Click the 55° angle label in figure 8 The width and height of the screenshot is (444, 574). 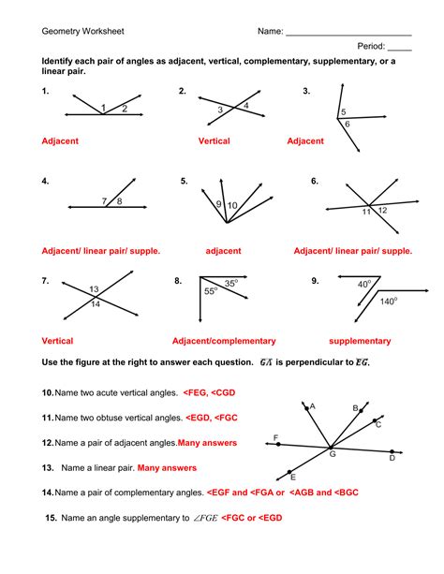tap(210, 292)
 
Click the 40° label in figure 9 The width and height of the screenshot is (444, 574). tap(364, 283)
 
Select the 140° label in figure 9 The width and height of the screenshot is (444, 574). tap(388, 302)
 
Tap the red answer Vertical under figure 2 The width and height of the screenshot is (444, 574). tap(214, 141)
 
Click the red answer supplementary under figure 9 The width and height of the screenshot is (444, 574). tap(360, 341)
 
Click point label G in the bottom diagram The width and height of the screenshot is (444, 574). tap(333, 453)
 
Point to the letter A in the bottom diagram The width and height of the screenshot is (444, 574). tap(312, 406)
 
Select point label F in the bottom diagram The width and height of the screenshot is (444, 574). tap(275, 437)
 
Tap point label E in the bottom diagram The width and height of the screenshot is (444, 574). tap(293, 476)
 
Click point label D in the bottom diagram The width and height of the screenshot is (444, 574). tap(392, 458)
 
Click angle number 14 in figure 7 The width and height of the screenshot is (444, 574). tap(94, 304)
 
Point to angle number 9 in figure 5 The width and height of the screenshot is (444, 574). tap(219, 204)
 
